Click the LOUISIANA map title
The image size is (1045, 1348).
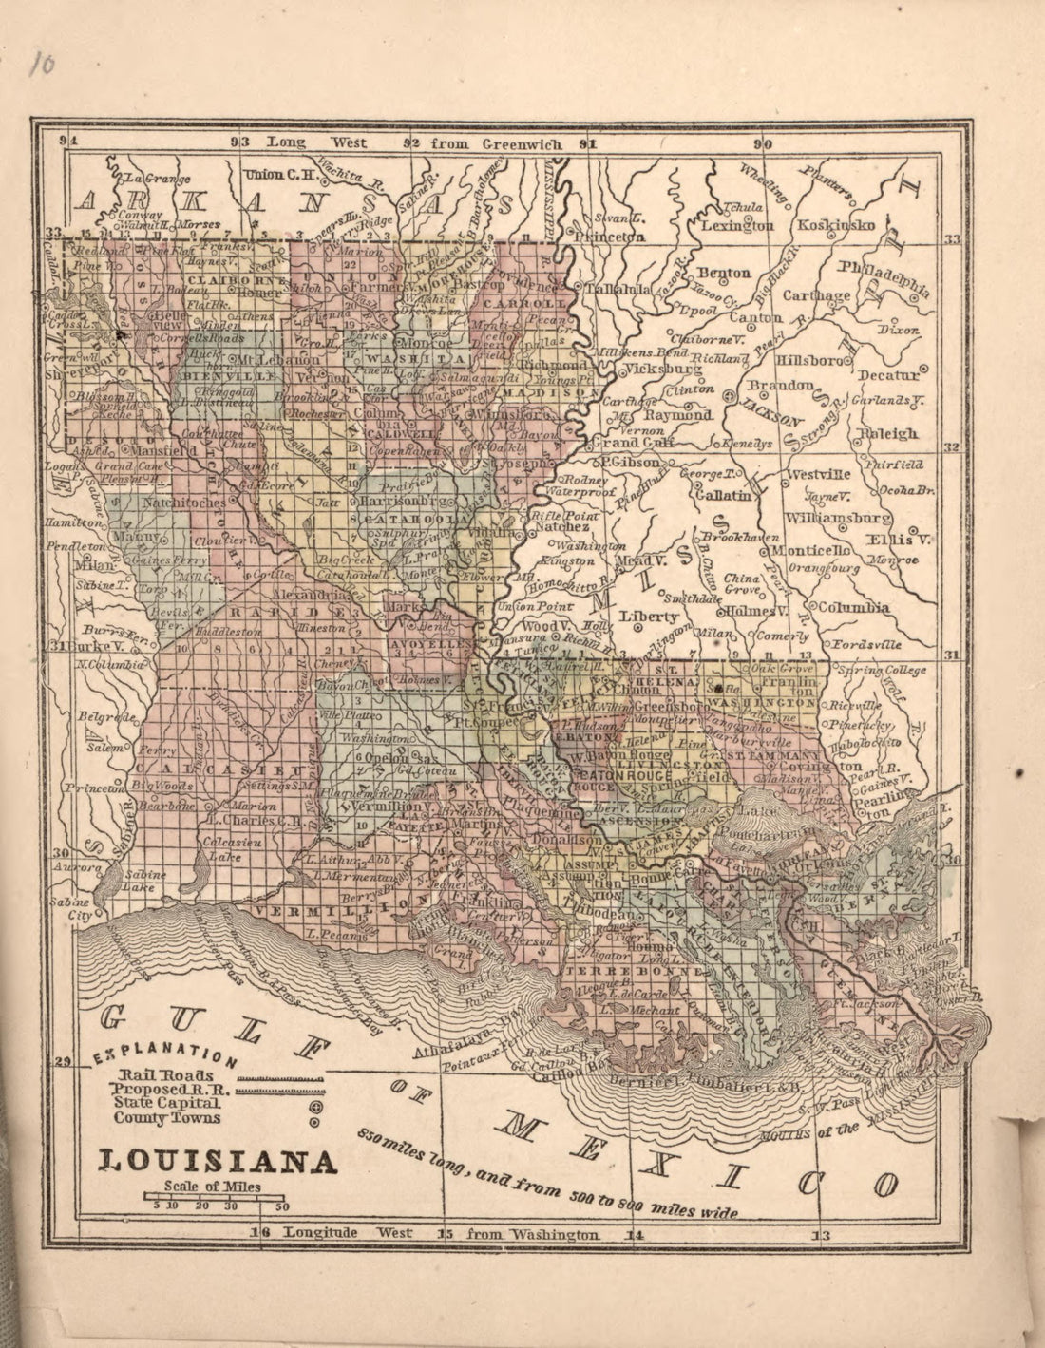pos(218,1161)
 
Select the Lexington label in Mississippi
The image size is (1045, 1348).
pos(737,226)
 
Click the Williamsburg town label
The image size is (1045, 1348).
pos(838,519)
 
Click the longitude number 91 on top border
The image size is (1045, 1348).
pos(588,144)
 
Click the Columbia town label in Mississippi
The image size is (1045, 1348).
pos(854,608)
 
